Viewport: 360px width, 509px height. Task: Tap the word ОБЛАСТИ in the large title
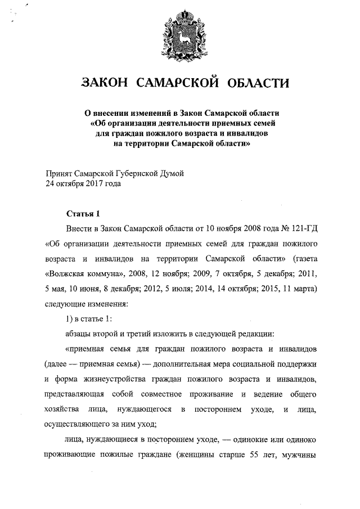click(x=258, y=84)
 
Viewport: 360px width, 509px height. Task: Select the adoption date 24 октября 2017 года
click(x=83, y=183)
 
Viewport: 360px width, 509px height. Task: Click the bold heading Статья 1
click(x=83, y=214)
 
